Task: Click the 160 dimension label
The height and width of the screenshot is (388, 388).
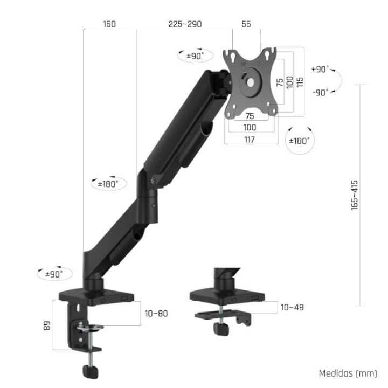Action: point(109,24)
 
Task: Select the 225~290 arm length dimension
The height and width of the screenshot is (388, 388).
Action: point(185,24)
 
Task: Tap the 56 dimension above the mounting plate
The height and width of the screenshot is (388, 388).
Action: point(246,24)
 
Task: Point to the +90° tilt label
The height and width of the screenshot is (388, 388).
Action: point(320,70)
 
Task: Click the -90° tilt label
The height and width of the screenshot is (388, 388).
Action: point(320,92)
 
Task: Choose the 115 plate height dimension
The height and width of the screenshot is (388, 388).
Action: point(300,82)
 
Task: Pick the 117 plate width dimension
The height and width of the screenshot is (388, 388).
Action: point(250,139)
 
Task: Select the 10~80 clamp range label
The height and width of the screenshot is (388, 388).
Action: point(156,313)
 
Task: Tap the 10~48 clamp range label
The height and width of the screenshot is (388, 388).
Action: point(292,307)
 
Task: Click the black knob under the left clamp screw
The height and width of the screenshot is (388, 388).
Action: point(90,372)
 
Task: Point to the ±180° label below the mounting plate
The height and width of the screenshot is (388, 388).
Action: point(300,141)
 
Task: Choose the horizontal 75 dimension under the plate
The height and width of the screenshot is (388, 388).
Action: point(250,116)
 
